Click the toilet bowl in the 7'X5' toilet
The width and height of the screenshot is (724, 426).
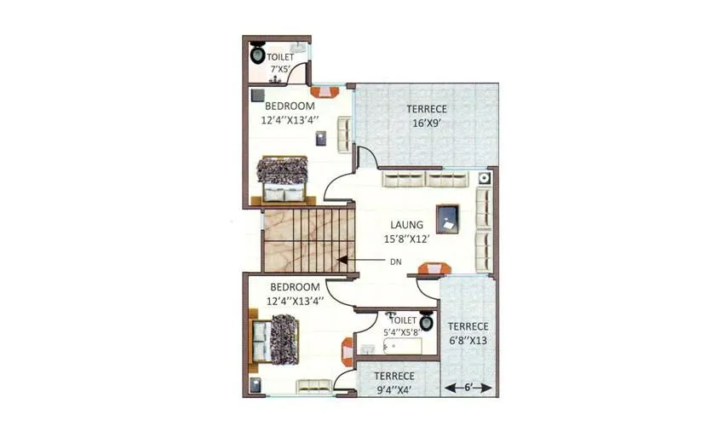click(x=257, y=55)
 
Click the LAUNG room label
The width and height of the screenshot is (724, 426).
click(x=407, y=225)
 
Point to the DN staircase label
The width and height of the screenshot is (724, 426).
click(x=395, y=262)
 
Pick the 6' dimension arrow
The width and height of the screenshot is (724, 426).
click(x=468, y=388)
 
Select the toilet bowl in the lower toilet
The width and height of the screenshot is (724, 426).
click(x=427, y=325)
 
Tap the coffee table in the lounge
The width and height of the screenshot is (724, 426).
click(x=448, y=219)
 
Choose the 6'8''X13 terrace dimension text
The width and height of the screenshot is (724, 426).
click(x=468, y=341)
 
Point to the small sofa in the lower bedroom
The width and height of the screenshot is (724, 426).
click(x=313, y=386)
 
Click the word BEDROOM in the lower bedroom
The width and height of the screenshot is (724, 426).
click(x=295, y=287)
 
